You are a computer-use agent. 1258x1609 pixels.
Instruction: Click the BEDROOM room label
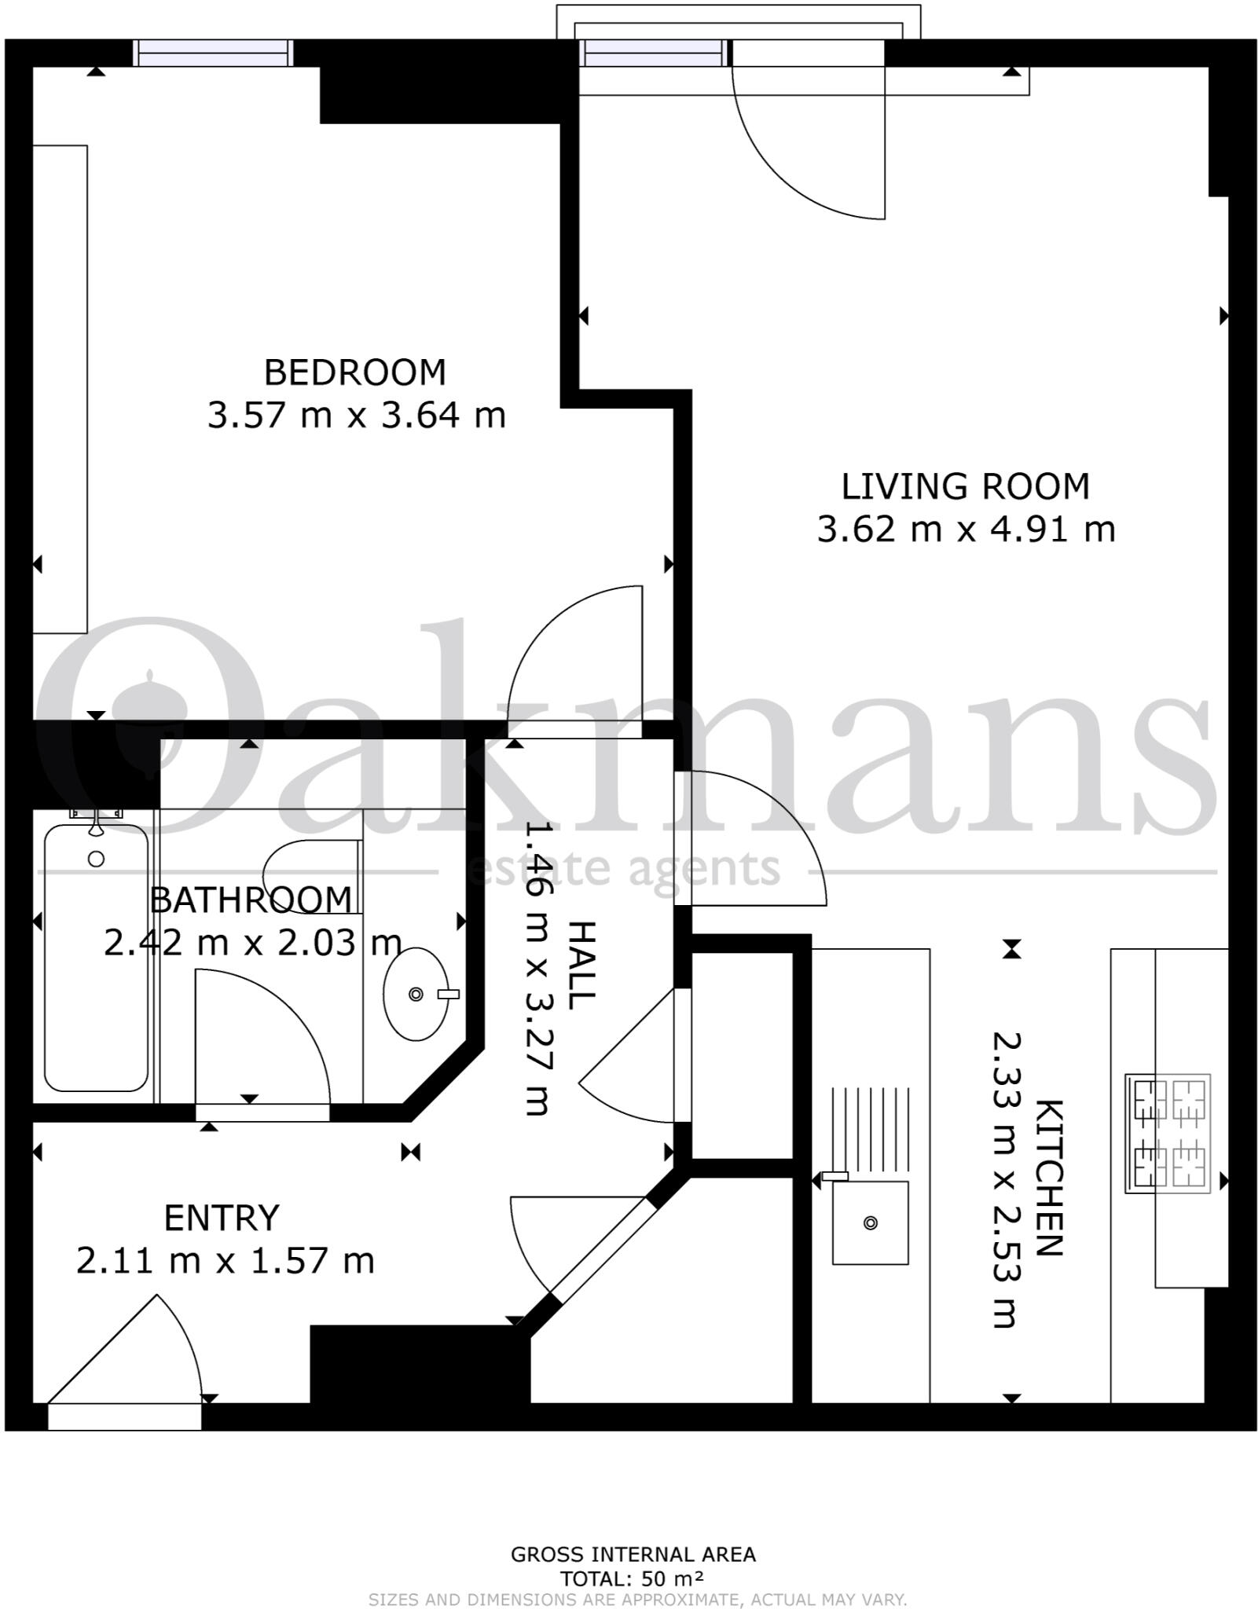(354, 372)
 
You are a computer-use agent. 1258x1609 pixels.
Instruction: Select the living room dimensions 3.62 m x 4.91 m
(966, 530)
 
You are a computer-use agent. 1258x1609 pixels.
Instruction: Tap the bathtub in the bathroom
(96, 958)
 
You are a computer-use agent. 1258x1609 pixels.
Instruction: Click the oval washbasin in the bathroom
(416, 994)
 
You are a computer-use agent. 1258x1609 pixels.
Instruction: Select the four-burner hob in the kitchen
(1168, 1132)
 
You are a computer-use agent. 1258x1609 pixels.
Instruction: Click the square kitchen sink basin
(870, 1223)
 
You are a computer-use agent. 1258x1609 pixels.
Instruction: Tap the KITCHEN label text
(1049, 1178)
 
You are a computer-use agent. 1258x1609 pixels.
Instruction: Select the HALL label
(582, 966)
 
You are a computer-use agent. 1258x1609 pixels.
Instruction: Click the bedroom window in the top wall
(213, 53)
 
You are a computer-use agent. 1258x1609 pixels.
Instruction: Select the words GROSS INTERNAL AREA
(633, 1555)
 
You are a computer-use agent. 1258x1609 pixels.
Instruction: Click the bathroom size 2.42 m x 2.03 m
(252, 943)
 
